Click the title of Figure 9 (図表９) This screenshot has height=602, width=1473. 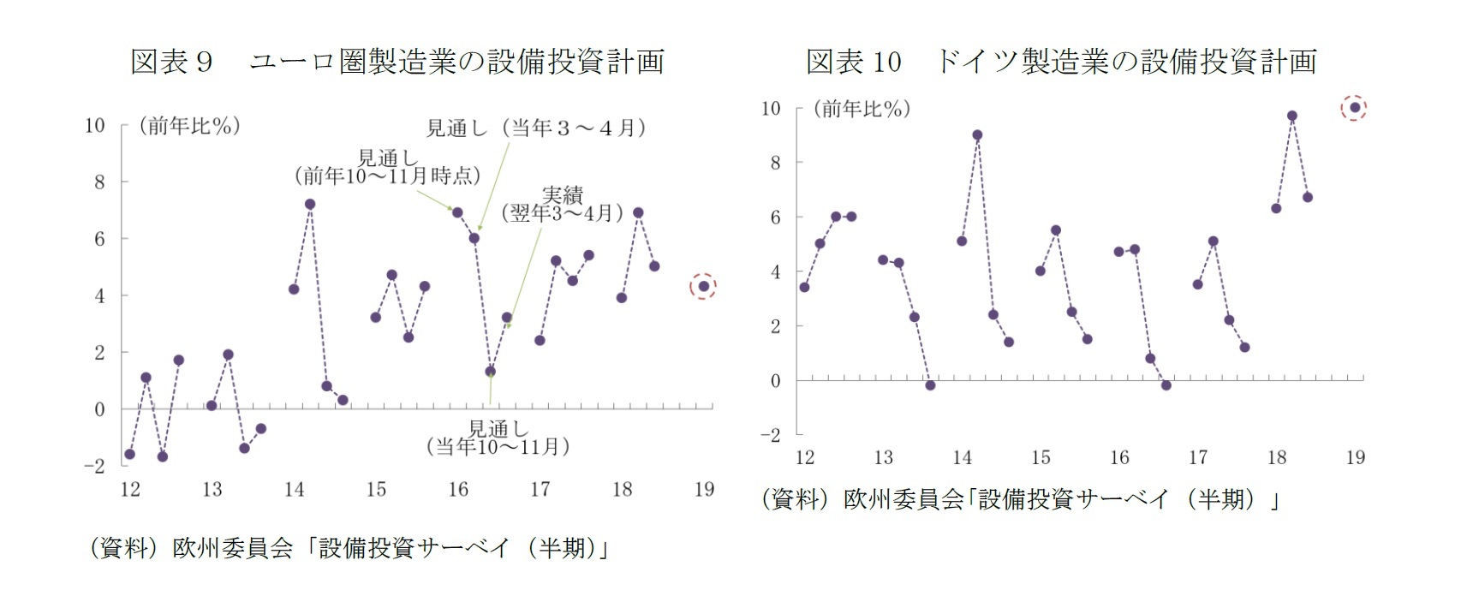[397, 62]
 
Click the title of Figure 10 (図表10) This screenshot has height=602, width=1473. [1060, 62]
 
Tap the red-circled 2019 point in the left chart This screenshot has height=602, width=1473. [703, 287]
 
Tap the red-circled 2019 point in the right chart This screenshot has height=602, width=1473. [1354, 108]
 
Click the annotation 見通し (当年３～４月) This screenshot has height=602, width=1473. [536, 128]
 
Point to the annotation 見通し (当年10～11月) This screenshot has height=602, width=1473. [498, 438]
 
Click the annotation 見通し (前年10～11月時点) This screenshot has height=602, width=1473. [387, 168]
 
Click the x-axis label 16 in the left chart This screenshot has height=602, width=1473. [458, 489]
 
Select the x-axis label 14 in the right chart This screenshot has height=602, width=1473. [962, 457]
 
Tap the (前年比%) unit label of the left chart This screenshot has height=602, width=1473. [189, 127]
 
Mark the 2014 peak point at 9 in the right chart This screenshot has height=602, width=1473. [977, 135]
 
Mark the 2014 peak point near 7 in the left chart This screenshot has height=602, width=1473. [310, 205]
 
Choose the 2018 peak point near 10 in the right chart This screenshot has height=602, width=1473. [1292, 116]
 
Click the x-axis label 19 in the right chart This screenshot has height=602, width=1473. [1355, 457]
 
